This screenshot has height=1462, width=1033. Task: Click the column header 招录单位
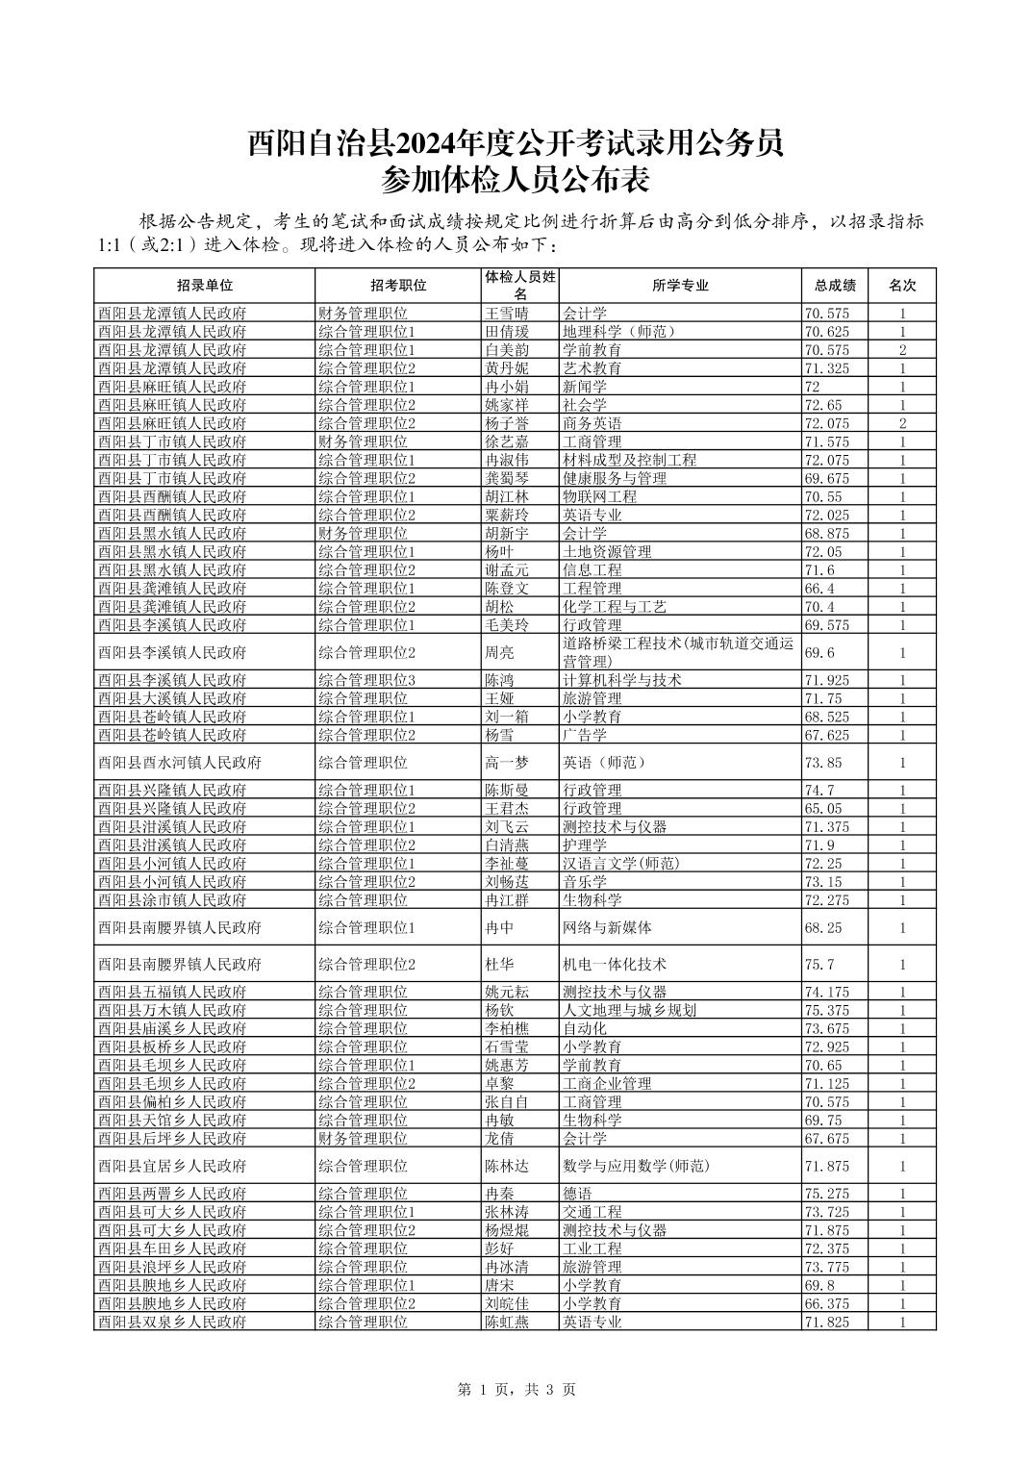[204, 286]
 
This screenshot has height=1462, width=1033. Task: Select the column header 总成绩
[834, 286]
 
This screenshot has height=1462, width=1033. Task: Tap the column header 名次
[901, 286]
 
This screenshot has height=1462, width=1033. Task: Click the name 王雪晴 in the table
[507, 314]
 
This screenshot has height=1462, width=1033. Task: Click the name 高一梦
[507, 763]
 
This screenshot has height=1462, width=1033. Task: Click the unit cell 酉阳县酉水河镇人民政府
[180, 763]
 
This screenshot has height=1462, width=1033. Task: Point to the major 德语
[577, 1194]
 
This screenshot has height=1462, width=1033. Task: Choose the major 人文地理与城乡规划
[629, 1010]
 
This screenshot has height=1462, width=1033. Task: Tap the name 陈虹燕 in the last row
[507, 1322]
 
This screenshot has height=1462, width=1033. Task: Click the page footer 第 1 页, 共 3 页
[516, 1389]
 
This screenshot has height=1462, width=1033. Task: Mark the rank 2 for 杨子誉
[901, 424]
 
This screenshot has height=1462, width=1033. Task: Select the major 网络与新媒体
[607, 928]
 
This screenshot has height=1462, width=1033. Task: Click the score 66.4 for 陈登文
[820, 589]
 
